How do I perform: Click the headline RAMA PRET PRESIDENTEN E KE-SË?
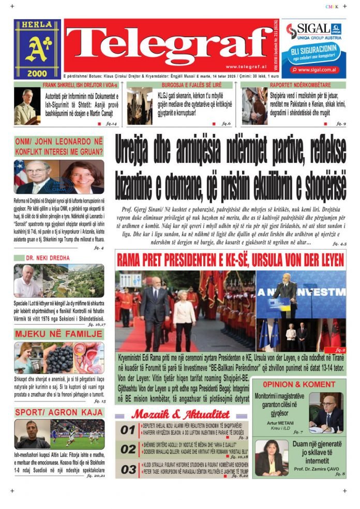230,260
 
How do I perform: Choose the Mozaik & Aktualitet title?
180,414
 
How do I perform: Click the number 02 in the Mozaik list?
128,449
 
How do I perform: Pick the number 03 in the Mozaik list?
128,469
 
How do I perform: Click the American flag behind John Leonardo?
21,173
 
